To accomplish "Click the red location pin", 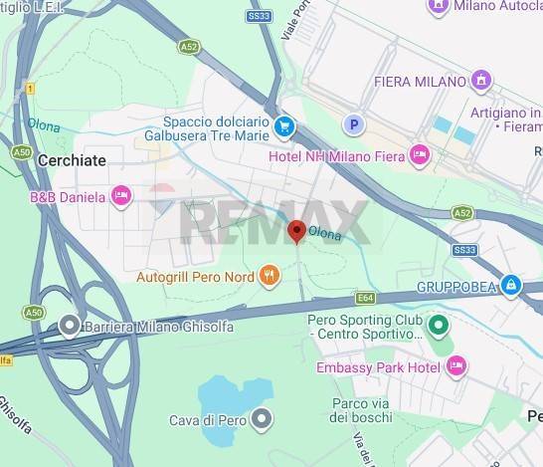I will (x=296, y=232).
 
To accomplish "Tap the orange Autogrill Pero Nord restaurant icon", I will (x=268, y=275).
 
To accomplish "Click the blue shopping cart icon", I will (x=284, y=126).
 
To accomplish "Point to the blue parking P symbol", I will (x=351, y=124).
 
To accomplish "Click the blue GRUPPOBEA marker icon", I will (x=510, y=286).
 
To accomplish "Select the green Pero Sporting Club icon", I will (x=437, y=326).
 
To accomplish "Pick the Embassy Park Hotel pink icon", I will (x=456, y=367).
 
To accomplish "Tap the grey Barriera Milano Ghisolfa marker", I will (x=68, y=325).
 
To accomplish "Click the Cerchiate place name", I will (x=71, y=159).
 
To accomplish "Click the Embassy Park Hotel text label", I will (x=378, y=367).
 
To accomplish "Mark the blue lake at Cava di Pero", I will (x=229, y=398).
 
